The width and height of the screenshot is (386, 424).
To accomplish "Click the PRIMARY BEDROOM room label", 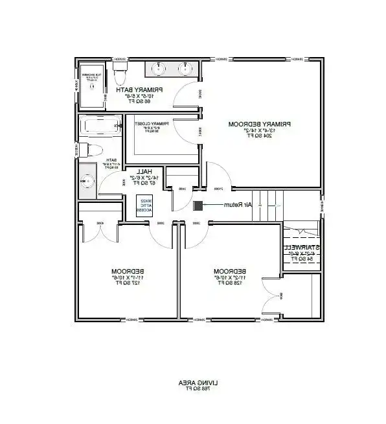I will [259, 123].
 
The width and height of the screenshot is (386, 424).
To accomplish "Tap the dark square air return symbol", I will [197, 206].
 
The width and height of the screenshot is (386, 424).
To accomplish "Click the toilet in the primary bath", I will [119, 77].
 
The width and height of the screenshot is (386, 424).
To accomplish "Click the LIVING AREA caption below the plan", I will [193, 383].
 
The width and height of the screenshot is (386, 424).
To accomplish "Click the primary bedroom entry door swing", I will [219, 174].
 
